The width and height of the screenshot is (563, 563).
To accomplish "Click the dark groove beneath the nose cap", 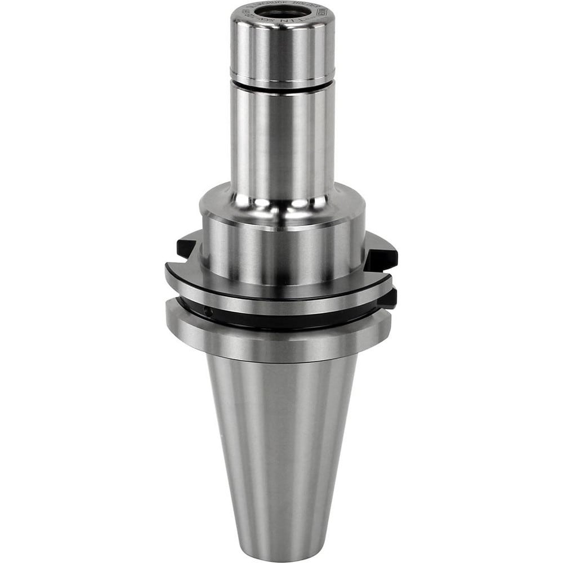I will pos(282,84).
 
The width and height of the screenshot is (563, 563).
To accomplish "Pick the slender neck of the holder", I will pos(282,141).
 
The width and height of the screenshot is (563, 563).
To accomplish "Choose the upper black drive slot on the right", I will pos(382,253).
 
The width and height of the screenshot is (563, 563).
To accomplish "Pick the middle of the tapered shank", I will pos(281,445).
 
